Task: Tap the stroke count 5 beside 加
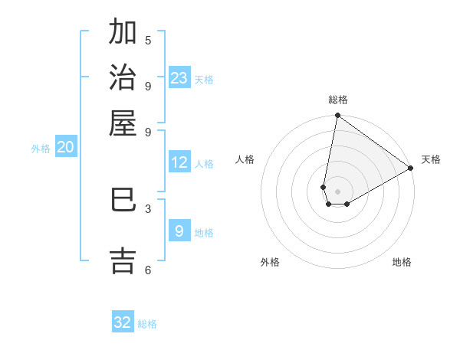[148, 40]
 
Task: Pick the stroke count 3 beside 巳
[148, 208]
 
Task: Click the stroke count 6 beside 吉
[148, 269]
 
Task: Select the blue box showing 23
[179, 77]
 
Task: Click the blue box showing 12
[179, 162]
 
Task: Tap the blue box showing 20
[65, 148]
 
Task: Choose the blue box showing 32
[123, 322]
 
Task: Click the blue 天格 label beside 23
[204, 79]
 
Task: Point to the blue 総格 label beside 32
[147, 324]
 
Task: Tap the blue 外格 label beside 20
[41, 149]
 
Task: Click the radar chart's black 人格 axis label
[245, 159]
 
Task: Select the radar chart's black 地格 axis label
[402, 262]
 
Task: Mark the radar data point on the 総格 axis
[337, 116]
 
